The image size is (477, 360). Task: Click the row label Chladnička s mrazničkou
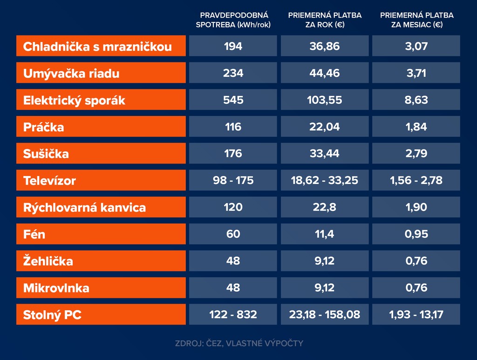pos(97,47)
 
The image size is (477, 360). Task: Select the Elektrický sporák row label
pos(75,100)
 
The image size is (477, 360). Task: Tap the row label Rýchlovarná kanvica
pos(84,208)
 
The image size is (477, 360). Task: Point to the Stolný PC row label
pos(52,315)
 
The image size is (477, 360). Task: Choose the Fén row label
pos(34,234)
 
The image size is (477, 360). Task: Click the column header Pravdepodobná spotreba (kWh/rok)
pos(233,20)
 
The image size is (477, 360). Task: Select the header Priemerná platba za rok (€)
pos(325,20)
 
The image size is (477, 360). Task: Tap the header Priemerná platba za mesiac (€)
pos(416,20)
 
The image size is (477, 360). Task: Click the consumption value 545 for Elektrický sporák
pos(233,100)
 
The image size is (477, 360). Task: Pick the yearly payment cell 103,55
pos(325,100)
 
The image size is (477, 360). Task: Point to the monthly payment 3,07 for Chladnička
pos(416,46)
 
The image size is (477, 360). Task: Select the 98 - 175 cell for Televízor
pos(233,180)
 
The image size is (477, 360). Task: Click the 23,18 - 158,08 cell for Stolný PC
pos(325,314)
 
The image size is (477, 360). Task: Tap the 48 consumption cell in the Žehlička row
pos(233,261)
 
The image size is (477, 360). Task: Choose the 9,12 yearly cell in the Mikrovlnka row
pos(325,288)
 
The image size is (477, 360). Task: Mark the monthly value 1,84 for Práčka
pos(416,127)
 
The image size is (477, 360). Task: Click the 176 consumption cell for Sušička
pos(233,153)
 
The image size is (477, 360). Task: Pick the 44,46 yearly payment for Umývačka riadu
pos(325,73)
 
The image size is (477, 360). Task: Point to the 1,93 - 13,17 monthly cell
pos(416,314)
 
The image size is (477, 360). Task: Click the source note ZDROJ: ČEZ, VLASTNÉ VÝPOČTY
pos(239,344)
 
